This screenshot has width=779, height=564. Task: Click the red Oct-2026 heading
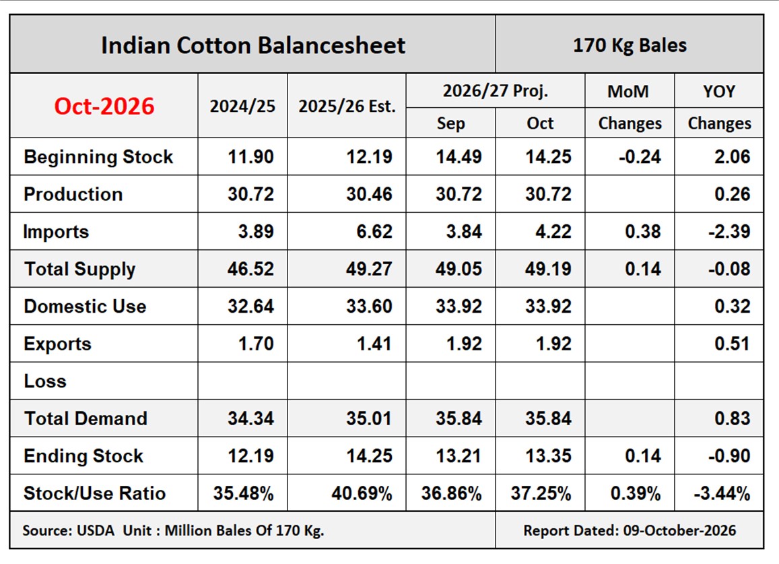click(104, 106)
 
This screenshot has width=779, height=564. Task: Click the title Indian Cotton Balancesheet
click(253, 45)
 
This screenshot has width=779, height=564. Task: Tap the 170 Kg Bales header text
click(630, 45)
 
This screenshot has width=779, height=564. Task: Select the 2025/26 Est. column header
click(347, 106)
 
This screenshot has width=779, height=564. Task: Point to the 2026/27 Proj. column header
click(496, 91)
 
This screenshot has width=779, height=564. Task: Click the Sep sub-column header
click(450, 123)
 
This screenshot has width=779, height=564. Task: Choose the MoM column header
click(628, 92)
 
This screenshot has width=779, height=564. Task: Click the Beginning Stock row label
click(98, 156)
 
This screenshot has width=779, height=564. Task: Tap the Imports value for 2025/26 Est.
click(374, 231)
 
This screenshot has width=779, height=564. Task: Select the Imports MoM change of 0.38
click(643, 231)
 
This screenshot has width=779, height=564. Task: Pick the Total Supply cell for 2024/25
click(251, 269)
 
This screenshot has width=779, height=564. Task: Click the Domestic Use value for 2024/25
click(251, 307)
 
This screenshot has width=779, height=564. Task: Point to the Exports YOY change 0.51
click(732, 344)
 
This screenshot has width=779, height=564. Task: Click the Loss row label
click(45, 381)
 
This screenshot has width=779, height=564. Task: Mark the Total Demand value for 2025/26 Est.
click(369, 418)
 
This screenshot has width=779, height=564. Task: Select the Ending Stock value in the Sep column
click(459, 456)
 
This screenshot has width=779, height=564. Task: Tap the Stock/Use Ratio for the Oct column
click(541, 493)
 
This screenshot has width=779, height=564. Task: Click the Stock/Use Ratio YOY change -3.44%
click(722, 493)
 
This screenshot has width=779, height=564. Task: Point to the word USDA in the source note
click(96, 531)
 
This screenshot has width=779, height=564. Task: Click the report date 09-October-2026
click(679, 531)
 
